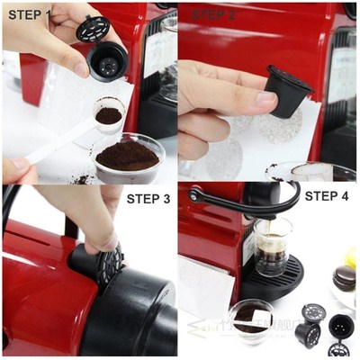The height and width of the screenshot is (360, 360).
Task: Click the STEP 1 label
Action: point(29,14)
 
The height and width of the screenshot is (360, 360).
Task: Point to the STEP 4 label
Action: point(329,195)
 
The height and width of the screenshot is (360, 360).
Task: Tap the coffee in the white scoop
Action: point(109,115)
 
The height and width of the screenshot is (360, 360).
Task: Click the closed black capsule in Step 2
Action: point(287,92)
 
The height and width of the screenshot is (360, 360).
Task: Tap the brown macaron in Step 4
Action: point(344,276)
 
